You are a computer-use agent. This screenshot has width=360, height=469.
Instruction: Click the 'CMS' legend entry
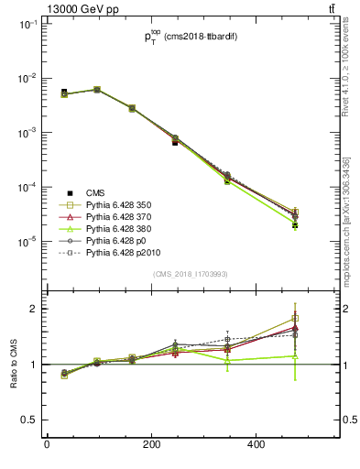coord(95,192)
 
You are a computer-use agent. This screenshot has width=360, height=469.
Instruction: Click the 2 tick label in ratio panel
coord(33,309)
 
